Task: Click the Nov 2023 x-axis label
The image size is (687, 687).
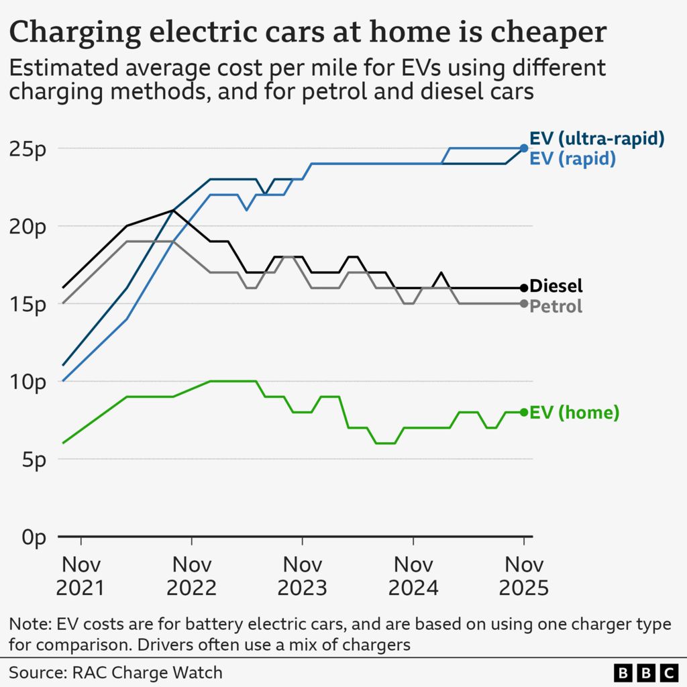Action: click(x=302, y=576)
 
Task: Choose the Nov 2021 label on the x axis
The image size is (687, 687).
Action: click(x=81, y=576)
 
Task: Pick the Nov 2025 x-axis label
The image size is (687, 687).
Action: click(x=523, y=576)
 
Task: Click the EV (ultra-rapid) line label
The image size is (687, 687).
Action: click(x=596, y=138)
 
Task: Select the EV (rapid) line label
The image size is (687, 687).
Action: click(x=572, y=158)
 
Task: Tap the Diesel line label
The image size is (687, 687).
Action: click(x=556, y=286)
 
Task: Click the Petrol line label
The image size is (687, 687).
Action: click(x=556, y=307)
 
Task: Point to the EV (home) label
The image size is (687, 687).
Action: click(x=574, y=413)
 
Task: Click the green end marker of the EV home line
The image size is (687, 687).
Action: click(x=524, y=412)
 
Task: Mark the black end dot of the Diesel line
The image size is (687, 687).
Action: click(x=524, y=288)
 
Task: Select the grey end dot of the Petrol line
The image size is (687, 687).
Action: click(x=524, y=303)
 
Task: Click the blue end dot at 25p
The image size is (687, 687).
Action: click(x=524, y=148)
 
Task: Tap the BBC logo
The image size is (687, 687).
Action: click(x=645, y=672)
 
